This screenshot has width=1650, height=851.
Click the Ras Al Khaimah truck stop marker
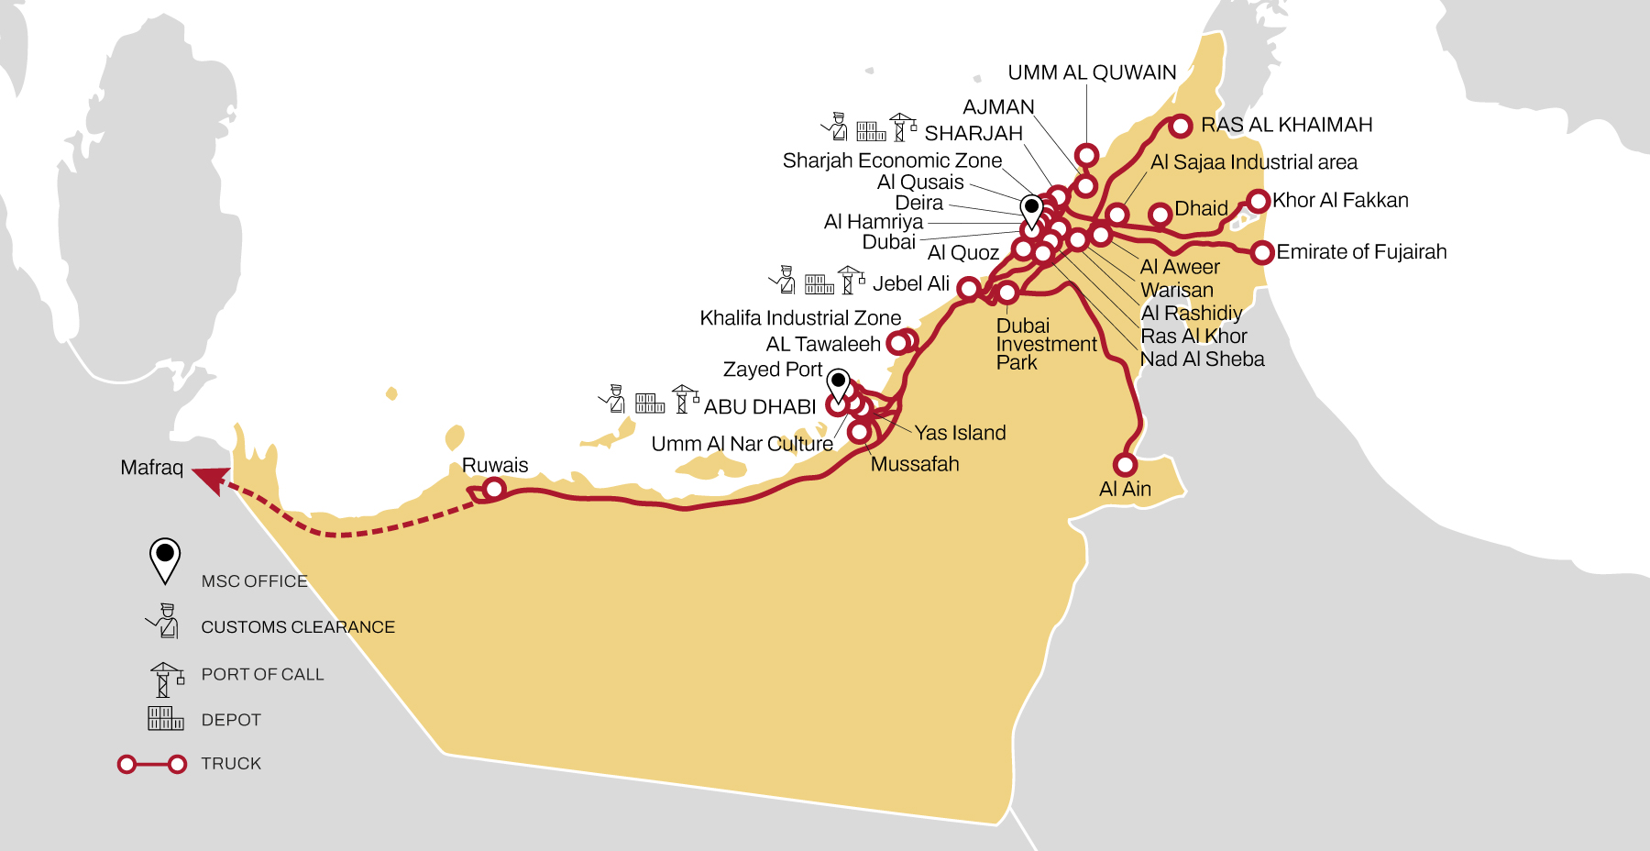1181,126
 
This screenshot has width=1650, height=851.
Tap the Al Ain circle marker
1125,464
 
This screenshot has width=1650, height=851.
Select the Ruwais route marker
494,489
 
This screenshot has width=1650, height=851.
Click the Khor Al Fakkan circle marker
1258,201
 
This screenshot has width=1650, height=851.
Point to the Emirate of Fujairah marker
1262,251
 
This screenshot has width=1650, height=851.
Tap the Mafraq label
152,468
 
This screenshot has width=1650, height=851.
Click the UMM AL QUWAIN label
1092,72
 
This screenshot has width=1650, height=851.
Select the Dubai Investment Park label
1045,344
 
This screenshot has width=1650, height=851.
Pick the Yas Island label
960,433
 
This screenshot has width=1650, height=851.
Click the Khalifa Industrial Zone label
800,318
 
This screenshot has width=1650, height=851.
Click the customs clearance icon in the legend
163,622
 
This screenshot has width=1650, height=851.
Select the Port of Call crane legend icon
166,680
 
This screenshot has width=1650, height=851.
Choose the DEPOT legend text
231,720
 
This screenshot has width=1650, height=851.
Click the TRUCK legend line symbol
152,764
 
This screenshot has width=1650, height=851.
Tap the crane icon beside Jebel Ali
851,279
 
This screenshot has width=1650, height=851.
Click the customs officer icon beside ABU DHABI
612,398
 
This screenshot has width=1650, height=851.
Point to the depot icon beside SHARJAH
871,131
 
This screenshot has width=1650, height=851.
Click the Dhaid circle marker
1160,214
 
